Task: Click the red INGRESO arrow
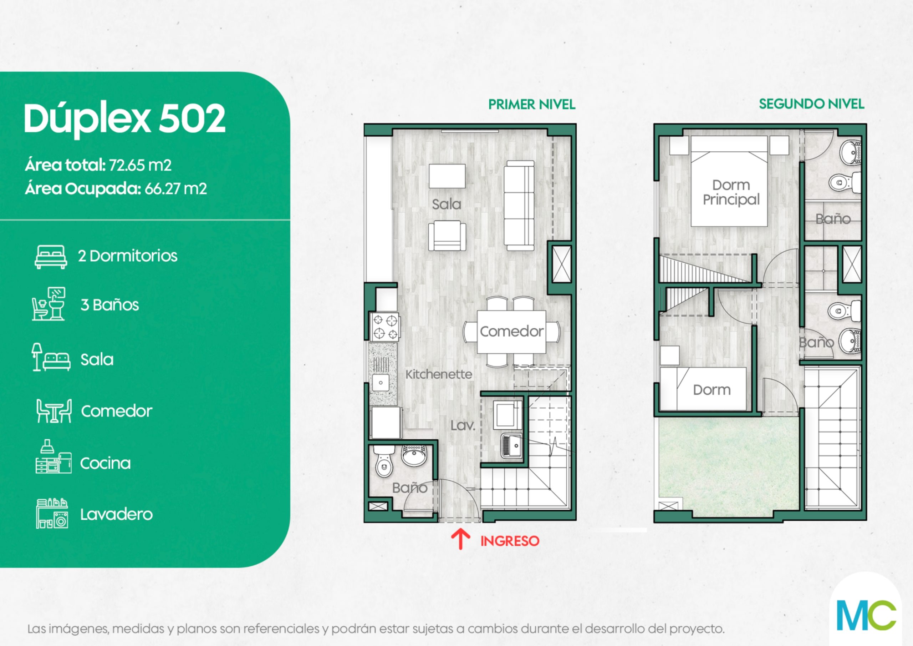460,539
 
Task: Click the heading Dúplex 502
124,119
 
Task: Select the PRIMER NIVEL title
532,104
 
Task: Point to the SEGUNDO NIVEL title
812,104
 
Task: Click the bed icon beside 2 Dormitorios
51,257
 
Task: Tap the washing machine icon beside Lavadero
52,514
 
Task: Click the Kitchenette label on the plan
439,374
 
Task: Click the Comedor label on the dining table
511,331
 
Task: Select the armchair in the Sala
447,235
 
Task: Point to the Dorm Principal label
731,192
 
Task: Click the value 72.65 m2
140,165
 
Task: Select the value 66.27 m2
175,188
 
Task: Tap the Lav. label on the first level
463,425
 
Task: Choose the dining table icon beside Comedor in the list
54,410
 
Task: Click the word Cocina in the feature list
105,463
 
